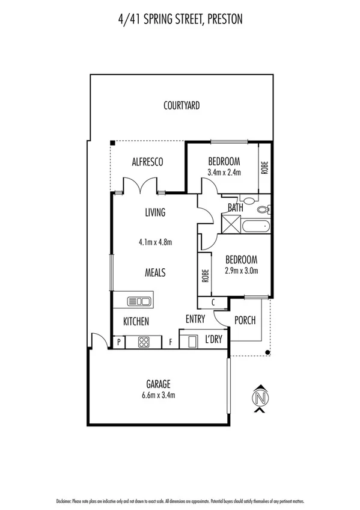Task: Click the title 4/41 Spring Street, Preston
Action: pyautogui.click(x=180, y=20)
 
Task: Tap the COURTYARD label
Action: pyautogui.click(x=182, y=106)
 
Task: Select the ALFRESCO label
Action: pyautogui.click(x=148, y=161)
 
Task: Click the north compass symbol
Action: pyautogui.click(x=260, y=398)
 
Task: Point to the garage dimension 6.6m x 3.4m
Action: pyautogui.click(x=159, y=395)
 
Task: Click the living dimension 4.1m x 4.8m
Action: pyautogui.click(x=155, y=243)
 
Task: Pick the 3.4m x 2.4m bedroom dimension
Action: pyautogui.click(x=224, y=173)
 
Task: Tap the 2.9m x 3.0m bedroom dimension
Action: pyautogui.click(x=241, y=271)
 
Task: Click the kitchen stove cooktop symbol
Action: pyautogui.click(x=144, y=342)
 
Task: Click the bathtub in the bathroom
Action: pyautogui.click(x=256, y=227)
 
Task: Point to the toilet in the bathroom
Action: pyautogui.click(x=263, y=210)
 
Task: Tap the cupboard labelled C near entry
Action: pyautogui.click(x=214, y=303)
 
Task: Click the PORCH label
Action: pyautogui.click(x=245, y=320)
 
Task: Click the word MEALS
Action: pyautogui.click(x=155, y=272)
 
